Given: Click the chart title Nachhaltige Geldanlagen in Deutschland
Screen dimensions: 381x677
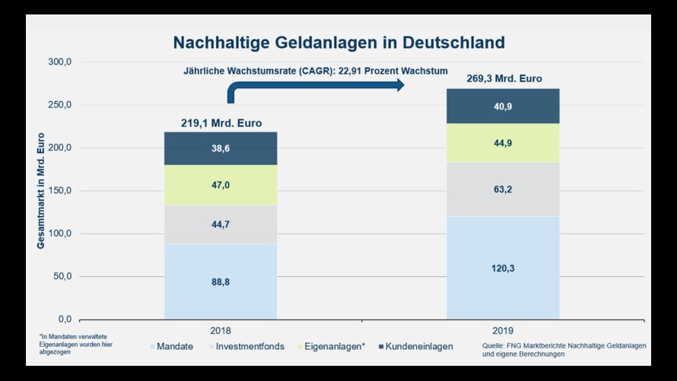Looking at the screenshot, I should [338, 42].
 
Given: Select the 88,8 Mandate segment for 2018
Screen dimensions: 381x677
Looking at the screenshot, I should [221, 281].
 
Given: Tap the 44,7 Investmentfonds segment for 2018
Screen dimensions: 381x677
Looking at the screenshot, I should [221, 224].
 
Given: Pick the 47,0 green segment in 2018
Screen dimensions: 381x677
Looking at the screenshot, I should [221, 183].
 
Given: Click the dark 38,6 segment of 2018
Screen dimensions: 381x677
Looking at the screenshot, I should [221, 149].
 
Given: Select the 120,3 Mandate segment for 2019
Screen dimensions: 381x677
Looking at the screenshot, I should [503, 268].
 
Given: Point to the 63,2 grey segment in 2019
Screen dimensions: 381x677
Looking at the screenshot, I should [503, 189].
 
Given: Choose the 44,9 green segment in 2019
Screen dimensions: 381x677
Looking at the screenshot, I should [503, 143].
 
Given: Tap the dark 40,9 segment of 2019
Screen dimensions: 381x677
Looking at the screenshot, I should [503, 106].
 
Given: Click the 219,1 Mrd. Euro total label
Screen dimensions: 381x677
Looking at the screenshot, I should [221, 123].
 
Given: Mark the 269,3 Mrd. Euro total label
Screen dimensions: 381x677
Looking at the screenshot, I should [503, 78].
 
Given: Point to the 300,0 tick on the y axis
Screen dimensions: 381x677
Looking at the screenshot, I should [59, 62].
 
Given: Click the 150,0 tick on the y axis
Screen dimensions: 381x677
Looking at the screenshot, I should [59, 191].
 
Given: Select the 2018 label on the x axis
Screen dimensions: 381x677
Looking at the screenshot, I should [221, 331].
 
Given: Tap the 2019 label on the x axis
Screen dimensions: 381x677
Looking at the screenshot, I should [503, 331].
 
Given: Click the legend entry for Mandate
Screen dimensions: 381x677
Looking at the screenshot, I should [173, 347].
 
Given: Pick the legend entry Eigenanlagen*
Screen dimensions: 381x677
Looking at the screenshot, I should [334, 347].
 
